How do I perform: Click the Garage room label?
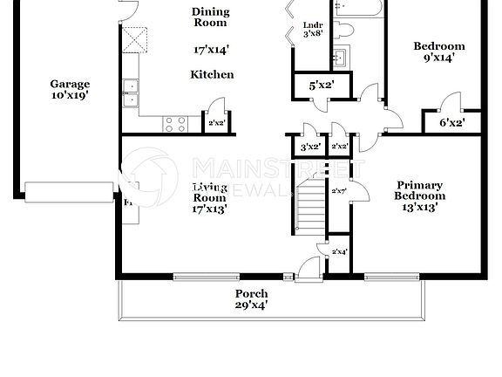(x=69, y=85)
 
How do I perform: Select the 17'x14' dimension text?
(x=211, y=51)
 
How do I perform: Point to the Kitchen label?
(x=212, y=75)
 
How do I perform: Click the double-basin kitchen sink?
(x=132, y=92)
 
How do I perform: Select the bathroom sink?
(x=340, y=58)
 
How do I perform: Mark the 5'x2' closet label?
(x=322, y=86)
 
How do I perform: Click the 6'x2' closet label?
(x=451, y=123)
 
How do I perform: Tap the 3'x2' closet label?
(x=310, y=147)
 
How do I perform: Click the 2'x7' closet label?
(x=338, y=189)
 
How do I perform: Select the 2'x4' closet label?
(x=339, y=251)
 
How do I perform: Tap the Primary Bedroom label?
(x=420, y=190)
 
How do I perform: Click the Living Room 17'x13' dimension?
(x=209, y=209)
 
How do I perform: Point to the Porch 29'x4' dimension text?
(x=251, y=305)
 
